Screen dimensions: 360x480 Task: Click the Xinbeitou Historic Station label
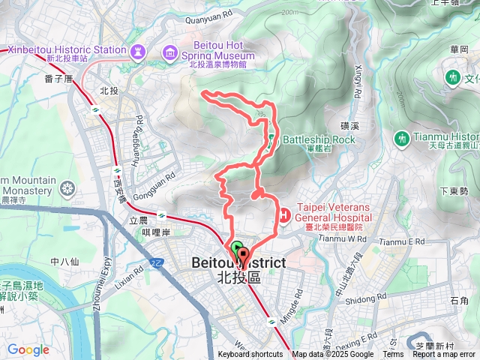(66, 49)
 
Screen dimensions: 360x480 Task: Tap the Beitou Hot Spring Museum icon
(169, 52)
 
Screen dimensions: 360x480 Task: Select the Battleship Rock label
(318, 139)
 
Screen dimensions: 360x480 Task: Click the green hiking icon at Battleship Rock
(271, 139)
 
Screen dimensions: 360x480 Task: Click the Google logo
(28, 349)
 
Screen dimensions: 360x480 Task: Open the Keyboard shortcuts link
(250, 355)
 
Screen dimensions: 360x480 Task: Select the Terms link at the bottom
(393, 355)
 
